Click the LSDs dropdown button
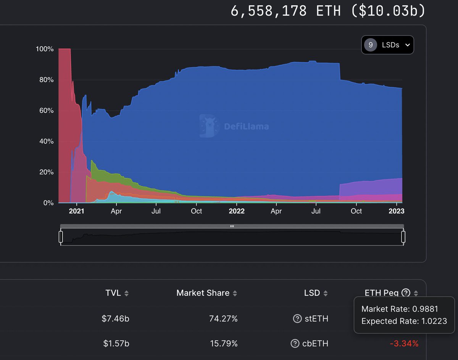pos(387,45)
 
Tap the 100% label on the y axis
pos(44,49)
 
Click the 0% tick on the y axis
pos(48,203)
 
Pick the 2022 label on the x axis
pos(237,211)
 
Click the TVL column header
pos(113,293)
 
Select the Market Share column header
pos(203,293)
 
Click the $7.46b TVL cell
pos(116,318)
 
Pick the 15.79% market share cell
pos(224,344)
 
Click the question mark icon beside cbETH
pos(295,344)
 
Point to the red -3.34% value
pos(404,344)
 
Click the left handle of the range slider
pos(61,237)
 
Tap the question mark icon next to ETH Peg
pos(406,293)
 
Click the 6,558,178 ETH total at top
pos(285,11)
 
